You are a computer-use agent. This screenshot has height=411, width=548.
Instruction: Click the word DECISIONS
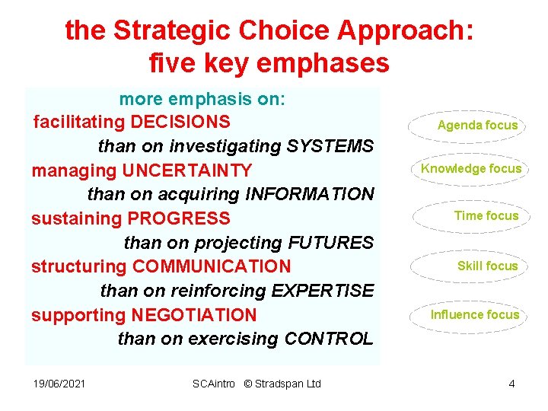[180, 122]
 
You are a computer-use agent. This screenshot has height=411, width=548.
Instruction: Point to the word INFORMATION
[310, 194]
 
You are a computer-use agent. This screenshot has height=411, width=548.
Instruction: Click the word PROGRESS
[179, 218]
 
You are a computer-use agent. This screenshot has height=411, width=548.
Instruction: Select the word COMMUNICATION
[212, 267]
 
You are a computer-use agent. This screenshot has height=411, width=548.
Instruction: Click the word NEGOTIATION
[194, 315]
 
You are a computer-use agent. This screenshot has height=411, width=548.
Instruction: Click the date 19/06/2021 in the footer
[59, 384]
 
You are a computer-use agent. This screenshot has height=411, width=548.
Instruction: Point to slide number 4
[512, 384]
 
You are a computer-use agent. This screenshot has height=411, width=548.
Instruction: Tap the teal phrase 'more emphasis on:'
[202, 100]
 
